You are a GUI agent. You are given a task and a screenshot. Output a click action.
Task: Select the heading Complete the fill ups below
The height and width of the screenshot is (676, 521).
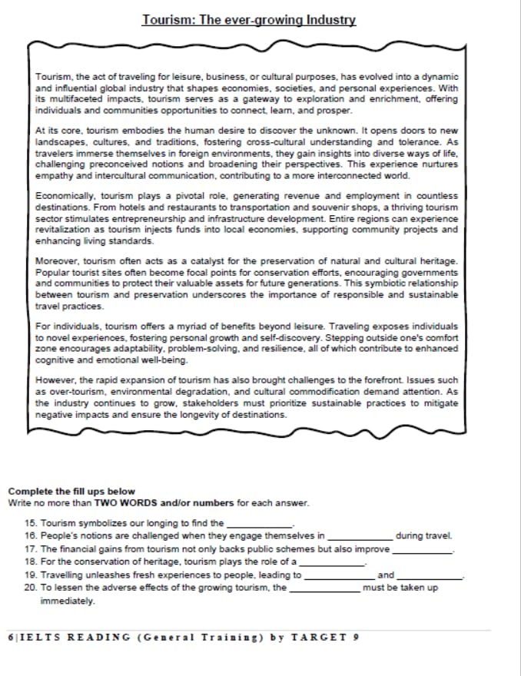pos(71,491)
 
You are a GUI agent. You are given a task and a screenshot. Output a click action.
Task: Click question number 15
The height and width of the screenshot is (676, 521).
pos(31,523)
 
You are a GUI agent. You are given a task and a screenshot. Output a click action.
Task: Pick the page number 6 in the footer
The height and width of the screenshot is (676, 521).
pos(9,637)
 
